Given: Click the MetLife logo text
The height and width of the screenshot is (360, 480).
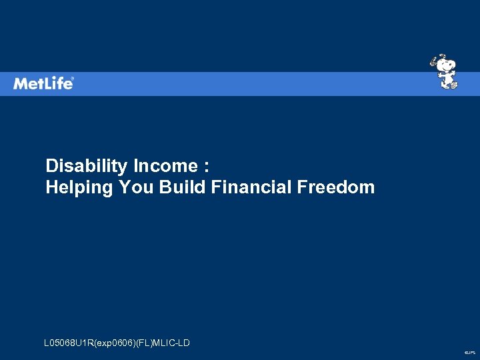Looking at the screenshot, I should tap(43, 83).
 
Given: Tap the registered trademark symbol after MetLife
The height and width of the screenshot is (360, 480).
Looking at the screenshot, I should tap(73, 79).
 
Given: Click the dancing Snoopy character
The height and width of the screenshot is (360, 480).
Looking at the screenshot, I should tap(445, 71).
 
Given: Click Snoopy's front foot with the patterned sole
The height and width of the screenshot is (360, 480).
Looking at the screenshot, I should tap(453, 85).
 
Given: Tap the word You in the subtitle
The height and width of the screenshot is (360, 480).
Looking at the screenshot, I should tap(137, 187).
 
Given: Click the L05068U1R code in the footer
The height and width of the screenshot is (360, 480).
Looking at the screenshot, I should tap(69, 343).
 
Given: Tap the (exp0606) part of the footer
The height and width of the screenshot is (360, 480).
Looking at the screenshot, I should tap(115, 343).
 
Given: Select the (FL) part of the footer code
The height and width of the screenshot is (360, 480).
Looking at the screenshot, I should tap(144, 343).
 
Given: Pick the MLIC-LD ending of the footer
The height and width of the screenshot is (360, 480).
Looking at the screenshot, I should tap(172, 343).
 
